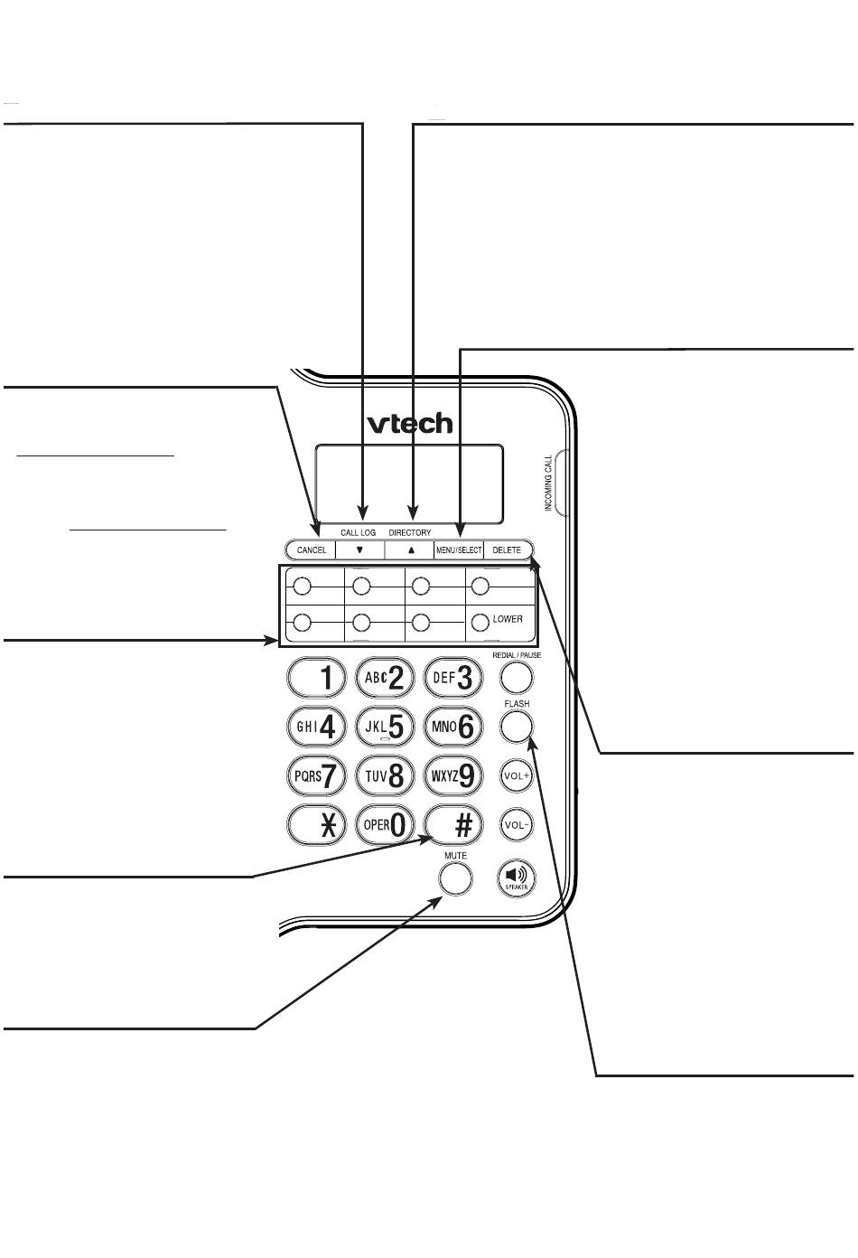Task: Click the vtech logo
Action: point(409,424)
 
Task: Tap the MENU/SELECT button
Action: point(459,549)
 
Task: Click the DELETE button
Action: point(508,549)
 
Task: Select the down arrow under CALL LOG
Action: point(359,549)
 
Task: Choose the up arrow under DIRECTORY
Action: point(411,549)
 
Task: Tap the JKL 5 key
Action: point(386,726)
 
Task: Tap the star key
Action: point(316,825)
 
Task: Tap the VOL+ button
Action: point(516,775)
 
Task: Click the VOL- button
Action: point(516,824)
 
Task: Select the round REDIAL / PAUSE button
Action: point(516,676)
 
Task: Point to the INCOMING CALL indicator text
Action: point(548,483)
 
